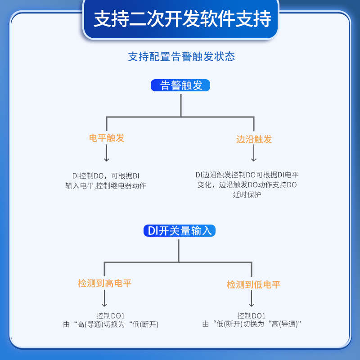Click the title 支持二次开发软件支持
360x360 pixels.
click(182, 19)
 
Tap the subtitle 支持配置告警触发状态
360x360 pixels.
click(181, 57)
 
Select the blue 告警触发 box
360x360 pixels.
click(181, 85)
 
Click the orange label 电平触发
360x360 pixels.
click(107, 138)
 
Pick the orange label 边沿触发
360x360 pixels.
click(254, 139)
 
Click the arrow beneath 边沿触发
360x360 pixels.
click(254, 154)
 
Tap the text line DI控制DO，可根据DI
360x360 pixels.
click(106, 175)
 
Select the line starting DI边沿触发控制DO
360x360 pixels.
click(247, 175)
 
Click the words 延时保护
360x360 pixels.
click(247, 195)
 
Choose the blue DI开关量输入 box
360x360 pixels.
click(180, 231)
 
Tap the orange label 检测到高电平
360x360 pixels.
click(105, 283)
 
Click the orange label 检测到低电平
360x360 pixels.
click(254, 284)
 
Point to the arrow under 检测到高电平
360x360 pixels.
click(105, 298)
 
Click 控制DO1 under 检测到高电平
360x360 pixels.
click(110, 315)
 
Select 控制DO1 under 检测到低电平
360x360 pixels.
click(252, 315)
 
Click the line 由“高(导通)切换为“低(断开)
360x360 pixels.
click(111, 324)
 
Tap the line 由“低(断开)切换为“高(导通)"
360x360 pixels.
click(252, 324)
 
